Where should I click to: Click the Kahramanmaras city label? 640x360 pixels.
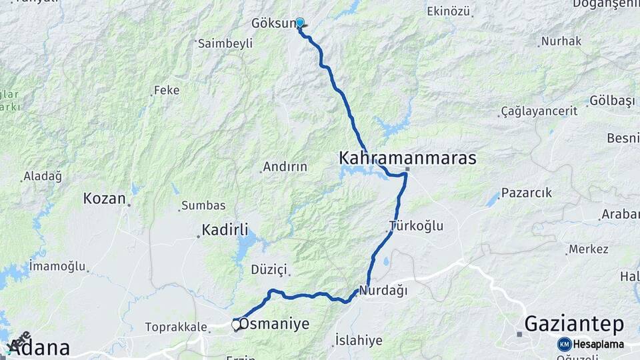coord(407,159)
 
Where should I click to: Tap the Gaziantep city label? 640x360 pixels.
coord(574,325)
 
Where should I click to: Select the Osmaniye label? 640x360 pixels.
coord(274,324)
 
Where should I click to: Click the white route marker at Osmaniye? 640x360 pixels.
coord(236,325)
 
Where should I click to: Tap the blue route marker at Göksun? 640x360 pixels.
coord(300,23)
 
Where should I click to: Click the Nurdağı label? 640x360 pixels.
coord(383,291)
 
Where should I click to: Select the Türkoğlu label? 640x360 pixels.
coord(417,225)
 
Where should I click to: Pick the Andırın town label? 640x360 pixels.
coord(285,167)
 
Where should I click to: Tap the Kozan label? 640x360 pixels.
coord(104,199)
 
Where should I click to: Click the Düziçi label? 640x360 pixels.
coord(269,269)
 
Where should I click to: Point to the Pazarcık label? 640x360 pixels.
coord(527,193)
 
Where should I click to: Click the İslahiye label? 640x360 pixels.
coord(359,341)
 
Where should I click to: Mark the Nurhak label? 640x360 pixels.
coord(561,41)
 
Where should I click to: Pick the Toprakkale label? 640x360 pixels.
coord(175,327)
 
